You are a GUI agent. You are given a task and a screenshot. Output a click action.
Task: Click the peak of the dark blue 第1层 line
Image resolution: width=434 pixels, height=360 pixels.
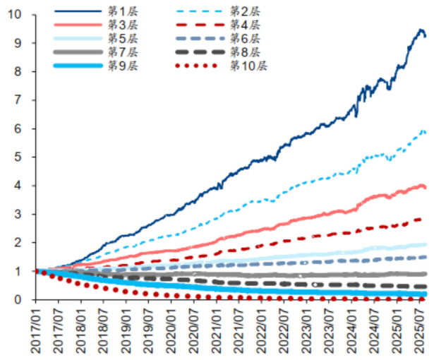421,30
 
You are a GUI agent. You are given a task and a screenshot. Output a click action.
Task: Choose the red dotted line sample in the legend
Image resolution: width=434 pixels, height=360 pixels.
199,66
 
